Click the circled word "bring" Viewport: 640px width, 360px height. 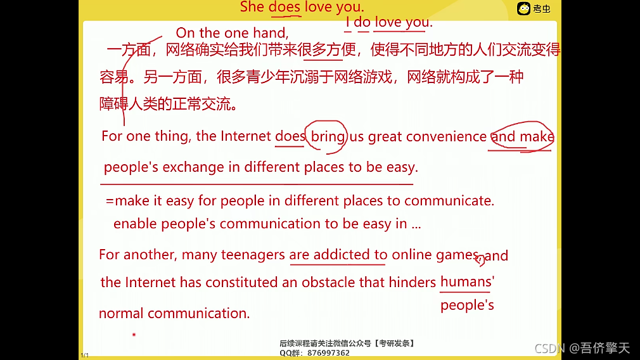pyautogui.click(x=328, y=136)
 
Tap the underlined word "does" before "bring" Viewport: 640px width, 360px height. pyautogui.click(x=290, y=136)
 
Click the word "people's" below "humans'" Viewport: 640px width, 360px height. pyautogui.click(x=467, y=305)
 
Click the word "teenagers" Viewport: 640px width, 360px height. pyautogui.click(x=253, y=255)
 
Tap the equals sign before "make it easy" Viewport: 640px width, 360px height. pyautogui.click(x=110, y=201)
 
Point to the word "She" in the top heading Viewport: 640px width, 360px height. pyautogui.click(x=252, y=7)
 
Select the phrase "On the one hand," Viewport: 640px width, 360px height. pyautogui.click(x=232, y=32)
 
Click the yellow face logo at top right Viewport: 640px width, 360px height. pyautogui.click(x=523, y=8)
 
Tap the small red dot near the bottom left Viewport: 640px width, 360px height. pyautogui.click(x=134, y=334)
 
